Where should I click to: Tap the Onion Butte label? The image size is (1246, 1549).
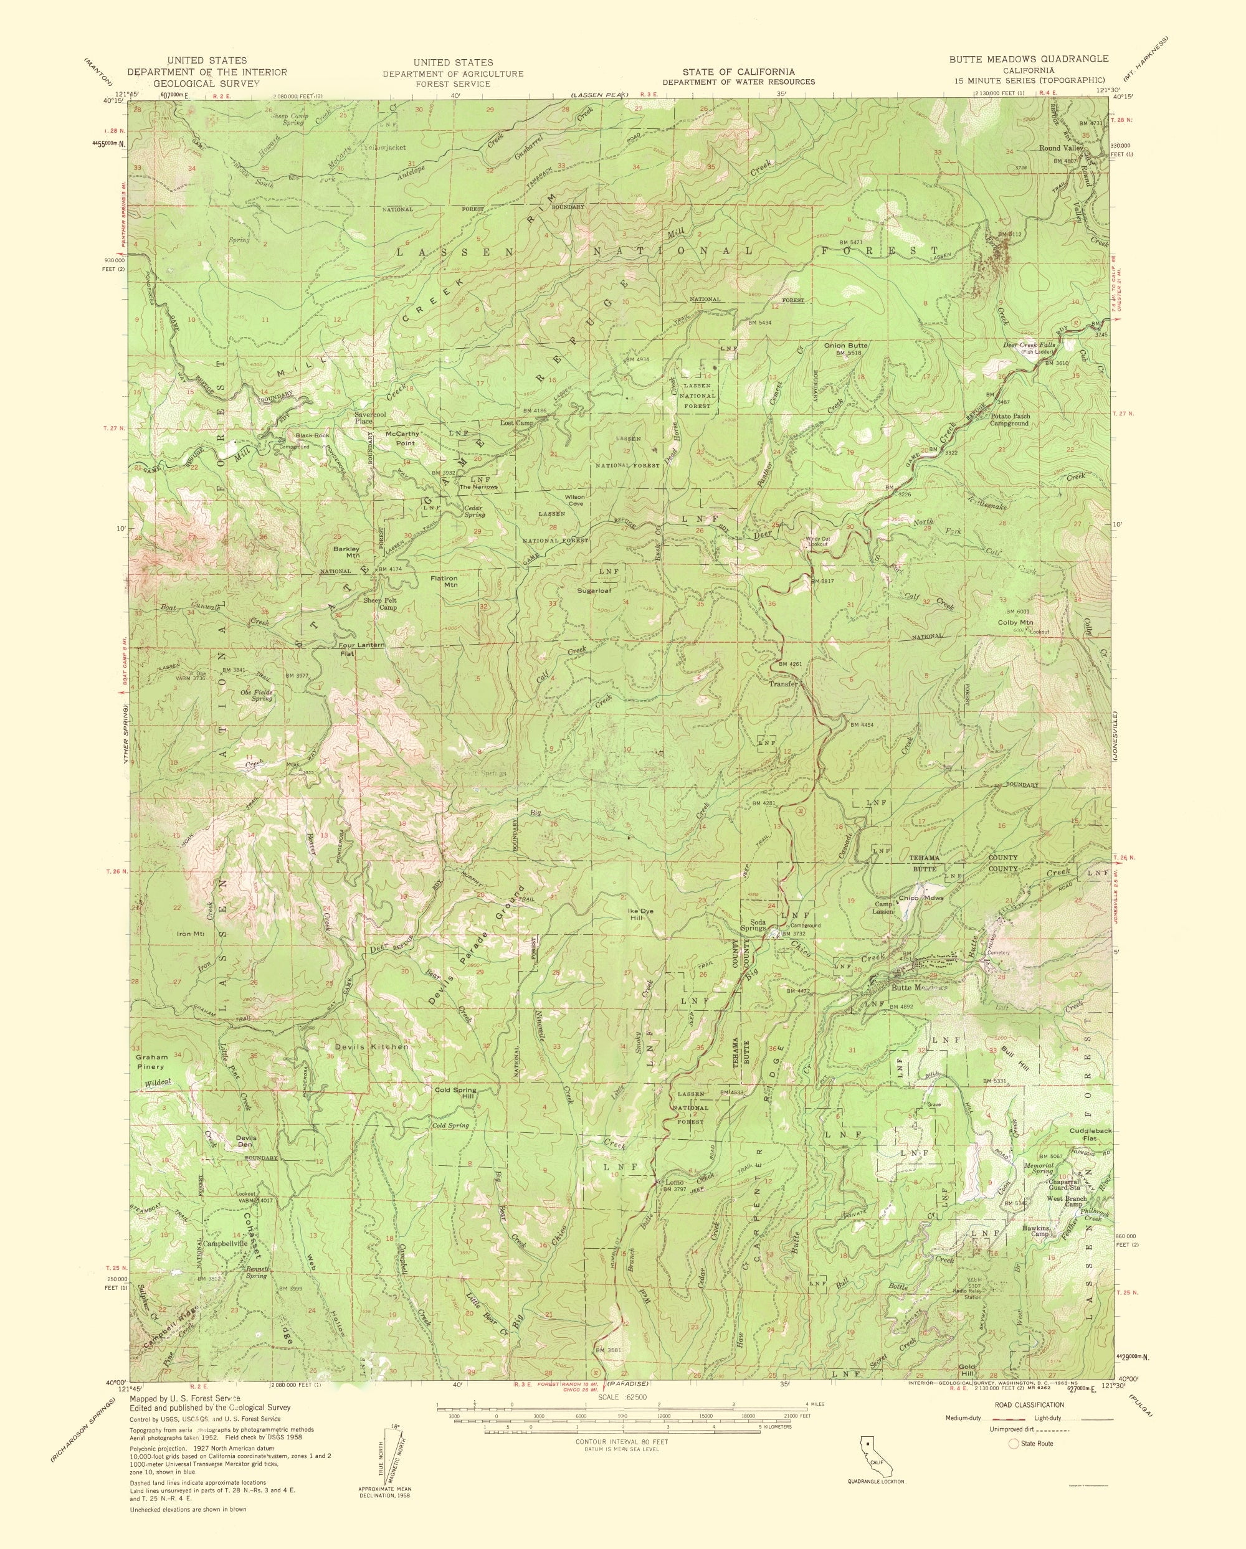[846, 346]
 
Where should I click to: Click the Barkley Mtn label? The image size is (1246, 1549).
[346, 552]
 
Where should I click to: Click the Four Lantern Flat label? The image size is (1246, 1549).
[361, 650]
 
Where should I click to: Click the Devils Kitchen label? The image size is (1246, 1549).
[371, 1047]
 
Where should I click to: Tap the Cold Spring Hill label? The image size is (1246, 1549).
[455, 1093]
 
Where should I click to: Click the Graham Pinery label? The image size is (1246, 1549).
[151, 1062]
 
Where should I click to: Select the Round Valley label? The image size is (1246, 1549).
[1060, 149]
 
